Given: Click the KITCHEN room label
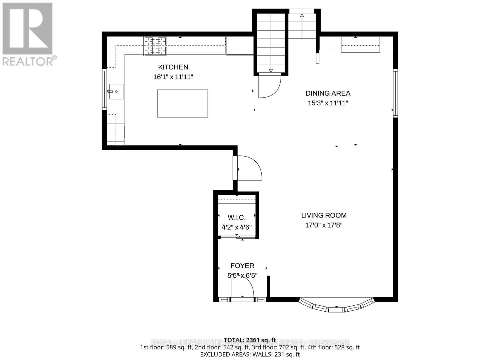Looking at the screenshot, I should coord(173,67).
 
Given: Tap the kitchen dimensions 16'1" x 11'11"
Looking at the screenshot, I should coord(173,77).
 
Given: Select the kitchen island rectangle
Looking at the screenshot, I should coord(182,103).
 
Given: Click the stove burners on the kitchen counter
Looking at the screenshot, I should coord(155,46).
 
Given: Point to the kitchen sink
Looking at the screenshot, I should coord(116,92).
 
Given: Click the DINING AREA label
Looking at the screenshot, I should coord(328,93).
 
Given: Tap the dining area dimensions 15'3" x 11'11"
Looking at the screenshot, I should coord(328,103).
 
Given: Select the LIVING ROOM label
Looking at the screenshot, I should coord(324,215).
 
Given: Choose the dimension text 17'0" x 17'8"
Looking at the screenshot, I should coord(324,225).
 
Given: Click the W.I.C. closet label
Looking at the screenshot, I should coord(237,217).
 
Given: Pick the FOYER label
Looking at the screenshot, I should coord(242,266).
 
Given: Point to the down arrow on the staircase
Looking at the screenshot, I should coord(271,70).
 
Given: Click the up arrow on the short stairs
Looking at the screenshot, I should coord(302,15).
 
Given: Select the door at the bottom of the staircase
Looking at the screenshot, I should coord(269,86).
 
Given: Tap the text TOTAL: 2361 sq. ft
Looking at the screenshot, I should coord(250,340).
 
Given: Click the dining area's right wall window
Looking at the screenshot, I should coord(395,93).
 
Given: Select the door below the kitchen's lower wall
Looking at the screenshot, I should coord(248,168).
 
